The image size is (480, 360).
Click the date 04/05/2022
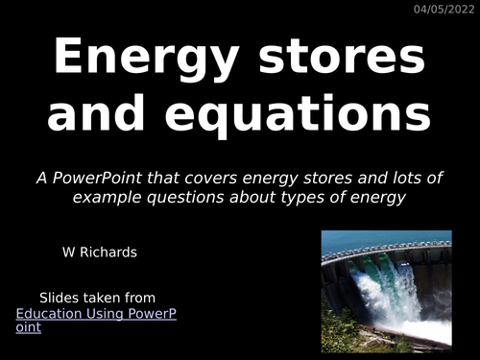pyautogui.click(x=444, y=10)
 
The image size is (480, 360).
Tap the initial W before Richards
pyautogui.click(x=68, y=253)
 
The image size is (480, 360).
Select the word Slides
pyautogui.click(x=60, y=298)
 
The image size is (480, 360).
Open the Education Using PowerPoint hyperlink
pyautogui.click(x=96, y=313)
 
